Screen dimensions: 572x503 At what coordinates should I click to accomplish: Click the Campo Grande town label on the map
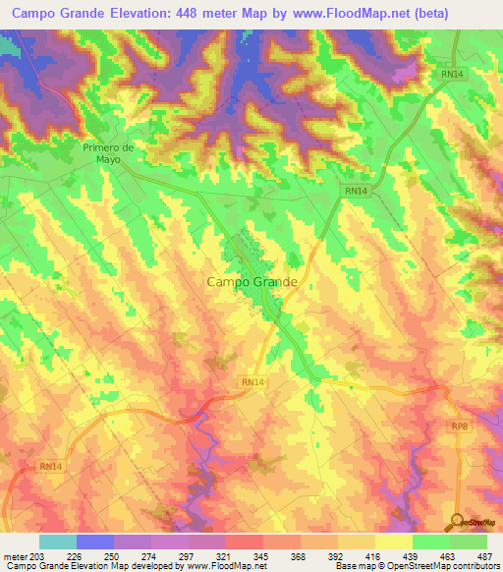pos(251,282)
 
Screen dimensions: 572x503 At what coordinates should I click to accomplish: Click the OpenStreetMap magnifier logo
pos(458,522)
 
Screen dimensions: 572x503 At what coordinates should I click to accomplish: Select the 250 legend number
pos(112,555)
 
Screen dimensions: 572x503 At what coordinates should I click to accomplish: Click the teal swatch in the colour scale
pos(58,542)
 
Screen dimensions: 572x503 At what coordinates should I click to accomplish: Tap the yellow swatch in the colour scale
pos(393,542)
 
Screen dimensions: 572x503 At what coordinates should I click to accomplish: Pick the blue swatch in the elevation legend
pos(95,542)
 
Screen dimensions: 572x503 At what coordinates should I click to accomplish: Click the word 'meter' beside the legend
pos(14,555)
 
